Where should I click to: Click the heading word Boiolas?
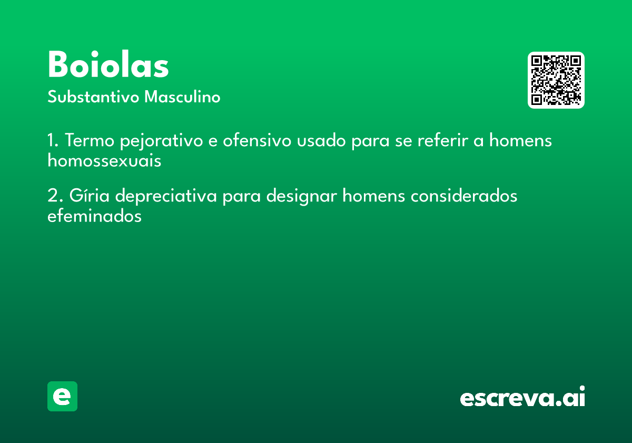click(x=108, y=64)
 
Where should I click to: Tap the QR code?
click(x=556, y=80)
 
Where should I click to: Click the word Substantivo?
click(x=93, y=97)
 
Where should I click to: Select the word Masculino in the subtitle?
click(x=182, y=97)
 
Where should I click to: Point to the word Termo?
click(x=90, y=140)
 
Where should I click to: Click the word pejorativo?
click(x=161, y=141)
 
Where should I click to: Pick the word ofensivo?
click(x=257, y=140)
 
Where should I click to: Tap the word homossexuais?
click(x=104, y=160)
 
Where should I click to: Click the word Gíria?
click(x=89, y=195)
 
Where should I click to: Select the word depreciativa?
click(x=166, y=195)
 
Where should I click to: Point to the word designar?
click(x=302, y=196)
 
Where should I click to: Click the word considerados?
click(x=464, y=195)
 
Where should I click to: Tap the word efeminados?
click(x=94, y=216)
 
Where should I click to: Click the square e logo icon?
click(x=62, y=396)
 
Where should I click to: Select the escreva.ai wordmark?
click(x=522, y=396)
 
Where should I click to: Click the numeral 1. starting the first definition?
click(x=53, y=140)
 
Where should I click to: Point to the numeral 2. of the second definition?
click(x=55, y=195)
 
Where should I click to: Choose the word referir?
click(x=442, y=140)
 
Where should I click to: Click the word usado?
click(x=321, y=140)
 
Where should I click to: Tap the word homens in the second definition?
click(x=374, y=195)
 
